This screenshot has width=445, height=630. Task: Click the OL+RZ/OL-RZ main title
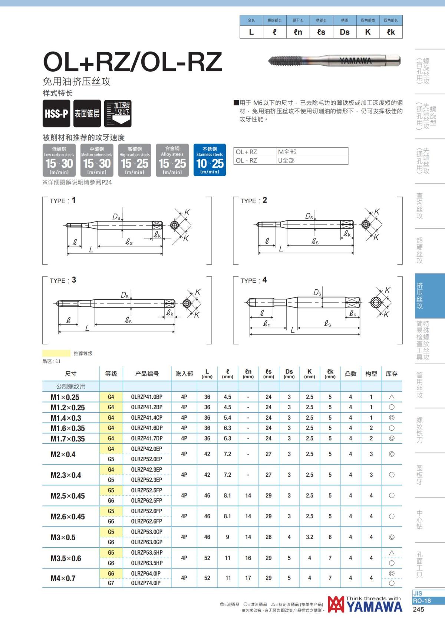tap(132, 62)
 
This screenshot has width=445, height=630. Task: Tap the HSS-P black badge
tap(57, 114)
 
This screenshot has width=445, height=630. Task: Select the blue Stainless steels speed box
tap(210, 160)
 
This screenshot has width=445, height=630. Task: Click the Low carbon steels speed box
tap(59, 160)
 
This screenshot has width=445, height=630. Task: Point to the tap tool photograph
tap(334, 60)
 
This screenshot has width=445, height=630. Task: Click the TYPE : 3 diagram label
tap(63, 280)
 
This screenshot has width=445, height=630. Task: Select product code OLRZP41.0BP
tap(146, 397)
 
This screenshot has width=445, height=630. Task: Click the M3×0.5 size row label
tap(63, 537)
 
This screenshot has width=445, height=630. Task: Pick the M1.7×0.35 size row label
tap(67, 439)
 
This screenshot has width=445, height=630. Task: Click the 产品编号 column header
tap(147, 374)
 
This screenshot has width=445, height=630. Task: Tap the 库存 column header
tap(392, 374)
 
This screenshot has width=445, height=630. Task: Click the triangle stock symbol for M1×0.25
tap(392, 397)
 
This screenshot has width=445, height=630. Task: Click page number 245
tap(418, 609)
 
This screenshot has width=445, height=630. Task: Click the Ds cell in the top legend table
tap(345, 32)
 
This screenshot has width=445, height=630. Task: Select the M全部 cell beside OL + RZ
tap(312, 152)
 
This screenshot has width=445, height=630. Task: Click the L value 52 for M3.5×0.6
tap(207, 558)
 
